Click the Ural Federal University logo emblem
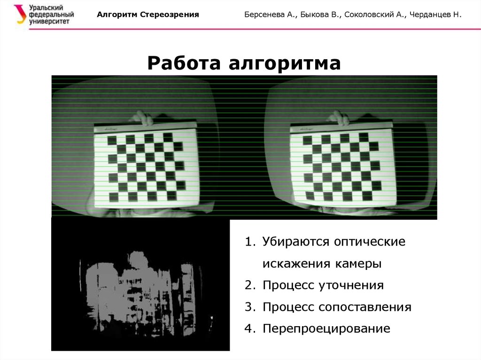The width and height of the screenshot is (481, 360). pos(20,14)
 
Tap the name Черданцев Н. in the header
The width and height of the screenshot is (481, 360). pos(435,15)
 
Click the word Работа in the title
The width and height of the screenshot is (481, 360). pos(184,63)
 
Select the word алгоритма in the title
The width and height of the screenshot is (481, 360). pos(285,64)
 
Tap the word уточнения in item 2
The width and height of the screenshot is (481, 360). pos(351,285)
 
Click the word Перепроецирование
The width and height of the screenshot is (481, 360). pos(326,329)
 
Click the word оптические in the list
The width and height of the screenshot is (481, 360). pos(370,242)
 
